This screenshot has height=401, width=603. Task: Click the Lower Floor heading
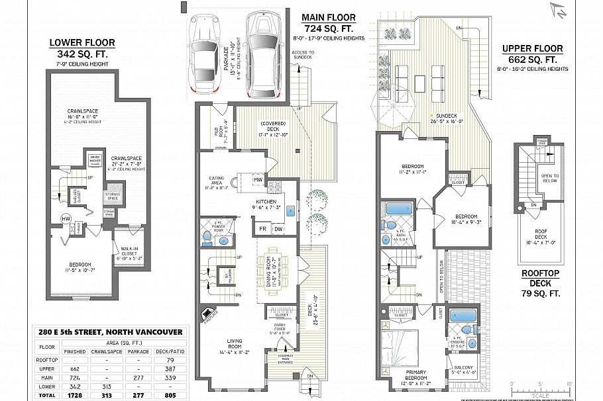(82, 43)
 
